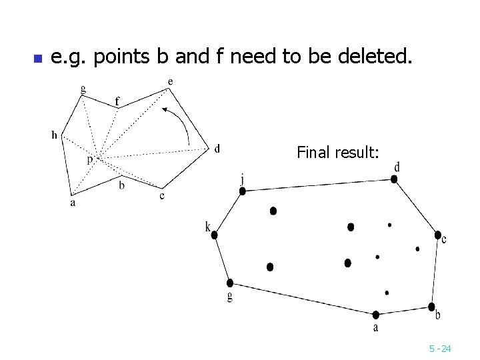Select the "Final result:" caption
[x=338, y=153]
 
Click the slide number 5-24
[x=440, y=348]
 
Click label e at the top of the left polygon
[x=171, y=82]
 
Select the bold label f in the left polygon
[x=117, y=101]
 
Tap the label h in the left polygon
[x=54, y=135]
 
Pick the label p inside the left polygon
[x=89, y=160]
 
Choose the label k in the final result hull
[x=208, y=228]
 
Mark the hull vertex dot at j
[x=243, y=191]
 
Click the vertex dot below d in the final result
[x=395, y=178]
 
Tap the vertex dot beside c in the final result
[x=437, y=235]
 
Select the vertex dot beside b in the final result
[x=431, y=306]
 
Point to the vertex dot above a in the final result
[x=376, y=314]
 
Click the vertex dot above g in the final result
[x=230, y=283]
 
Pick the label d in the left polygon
[x=217, y=149]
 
